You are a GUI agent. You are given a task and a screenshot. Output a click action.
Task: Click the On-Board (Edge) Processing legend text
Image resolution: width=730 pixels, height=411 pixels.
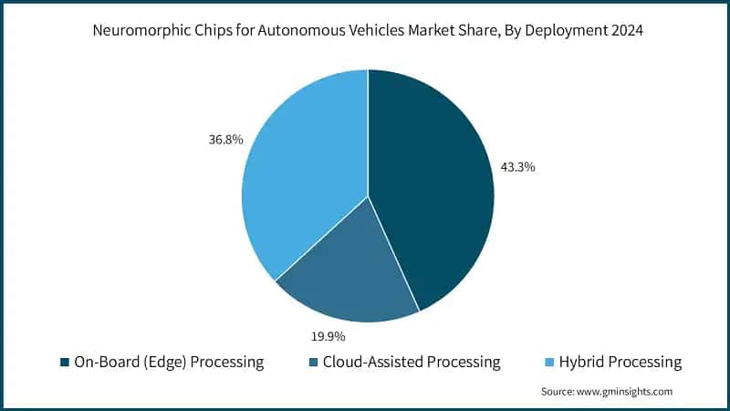click(170, 363)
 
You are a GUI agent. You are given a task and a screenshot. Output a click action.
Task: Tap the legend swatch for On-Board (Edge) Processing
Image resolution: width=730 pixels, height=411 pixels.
click(65, 363)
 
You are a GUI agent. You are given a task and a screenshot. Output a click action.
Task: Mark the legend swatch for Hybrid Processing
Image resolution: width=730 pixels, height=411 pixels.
click(550, 363)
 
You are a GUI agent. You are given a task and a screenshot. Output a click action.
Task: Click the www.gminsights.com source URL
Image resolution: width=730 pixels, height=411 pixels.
click(625, 391)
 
